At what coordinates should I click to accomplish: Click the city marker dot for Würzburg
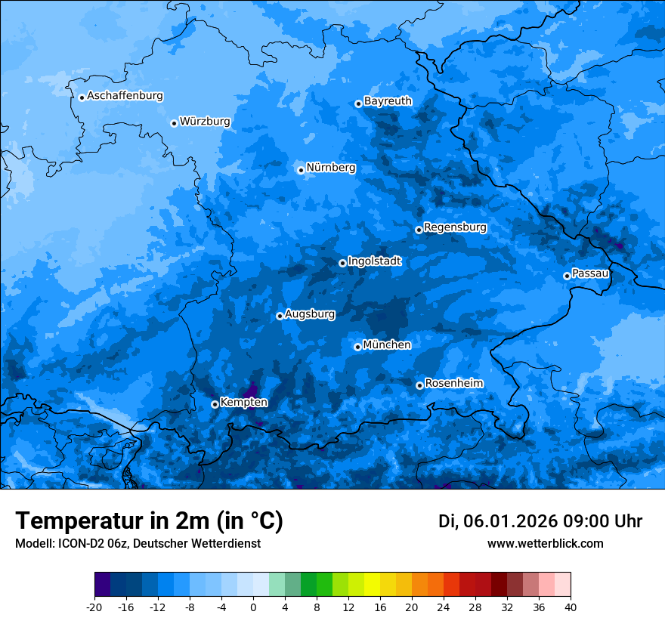[174, 123]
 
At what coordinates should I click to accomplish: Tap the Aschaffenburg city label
[125, 96]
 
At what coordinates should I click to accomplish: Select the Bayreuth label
[388, 100]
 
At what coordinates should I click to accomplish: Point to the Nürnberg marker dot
[301, 170]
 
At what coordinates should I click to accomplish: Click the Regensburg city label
[455, 227]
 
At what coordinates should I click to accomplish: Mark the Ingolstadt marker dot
[342, 263]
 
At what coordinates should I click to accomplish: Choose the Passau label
[590, 273]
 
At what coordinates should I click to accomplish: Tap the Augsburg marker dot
[280, 316]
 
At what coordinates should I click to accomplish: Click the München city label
[387, 344]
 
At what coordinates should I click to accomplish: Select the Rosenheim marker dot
[419, 385]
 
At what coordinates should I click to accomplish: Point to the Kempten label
[243, 402]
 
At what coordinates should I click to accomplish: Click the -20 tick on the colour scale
[94, 607]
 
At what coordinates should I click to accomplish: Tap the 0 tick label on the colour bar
[253, 607]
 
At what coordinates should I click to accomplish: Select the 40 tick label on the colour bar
[571, 607]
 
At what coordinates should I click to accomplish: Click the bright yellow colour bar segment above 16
[372, 585]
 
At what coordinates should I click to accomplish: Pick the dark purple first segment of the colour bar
[102, 585]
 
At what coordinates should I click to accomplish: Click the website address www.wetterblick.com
[545, 543]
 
